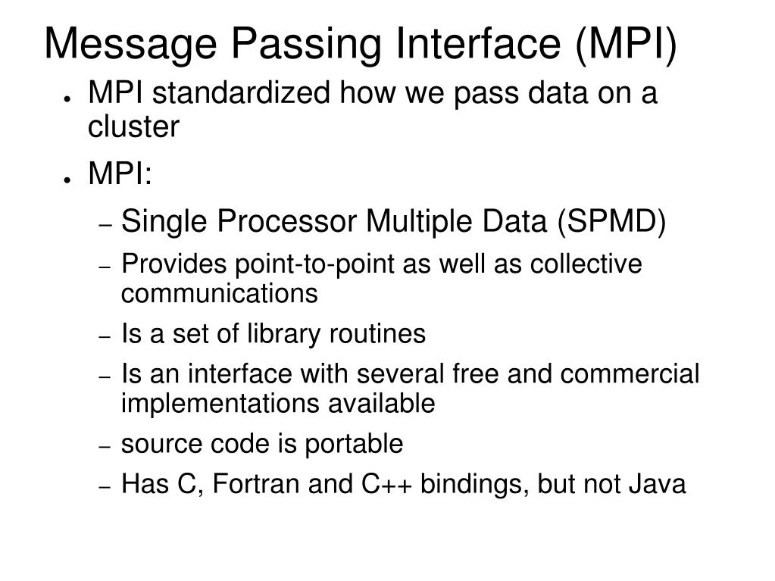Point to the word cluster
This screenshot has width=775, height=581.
(133, 127)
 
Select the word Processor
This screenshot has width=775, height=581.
(288, 223)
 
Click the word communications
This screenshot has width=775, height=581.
(219, 293)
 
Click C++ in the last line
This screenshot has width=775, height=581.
(383, 484)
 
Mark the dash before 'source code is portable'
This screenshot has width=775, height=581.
(106, 447)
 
